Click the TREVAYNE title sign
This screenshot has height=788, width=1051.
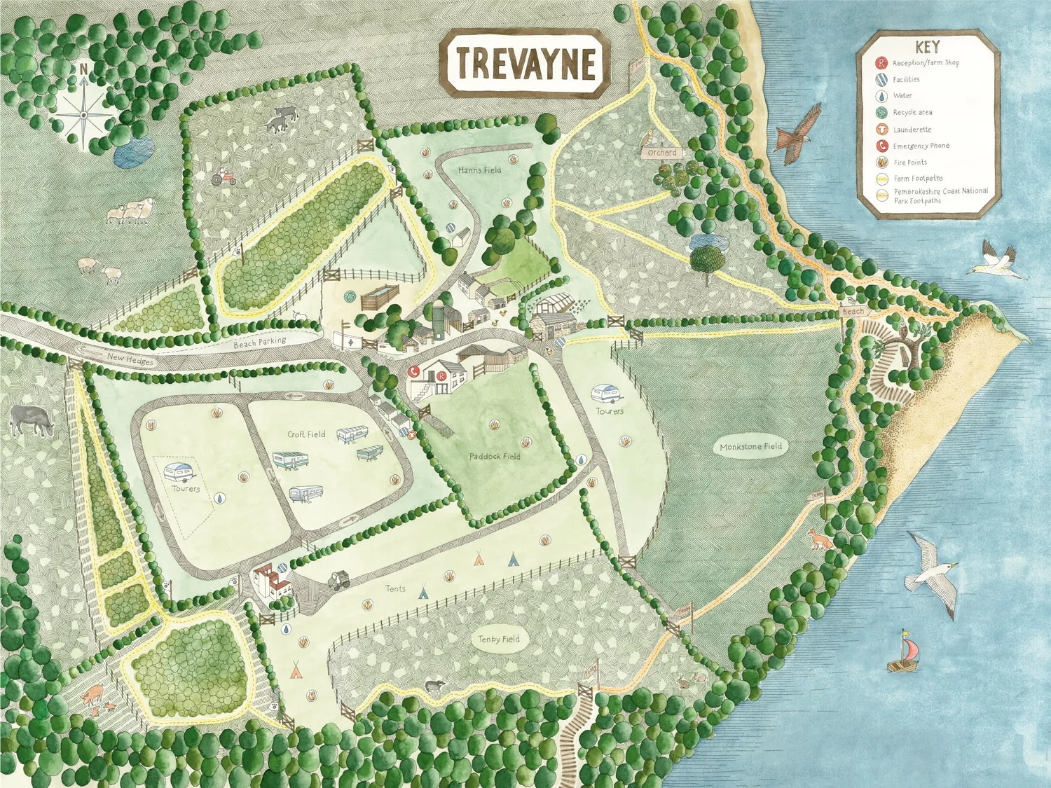pyautogui.click(x=525, y=63)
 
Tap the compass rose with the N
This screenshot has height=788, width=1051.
pyautogui.click(x=83, y=109)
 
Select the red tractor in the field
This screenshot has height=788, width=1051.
pyautogui.click(x=224, y=177)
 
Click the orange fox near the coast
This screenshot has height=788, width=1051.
pyautogui.click(x=818, y=539)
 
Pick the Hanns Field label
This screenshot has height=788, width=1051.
pyautogui.click(x=479, y=170)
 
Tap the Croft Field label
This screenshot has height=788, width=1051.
pyautogui.click(x=306, y=434)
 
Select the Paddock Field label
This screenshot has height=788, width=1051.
pyautogui.click(x=495, y=456)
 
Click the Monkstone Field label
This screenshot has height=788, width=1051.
pyautogui.click(x=750, y=446)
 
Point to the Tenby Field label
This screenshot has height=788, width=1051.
pyautogui.click(x=499, y=639)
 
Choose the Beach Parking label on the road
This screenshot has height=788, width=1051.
pyautogui.click(x=260, y=343)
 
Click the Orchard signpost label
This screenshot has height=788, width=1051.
pyautogui.click(x=662, y=153)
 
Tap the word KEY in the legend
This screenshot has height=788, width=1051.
pyautogui.click(x=927, y=47)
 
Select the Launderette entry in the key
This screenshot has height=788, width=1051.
pyautogui.click(x=912, y=130)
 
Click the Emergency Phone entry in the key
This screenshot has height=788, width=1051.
pyautogui.click(x=921, y=146)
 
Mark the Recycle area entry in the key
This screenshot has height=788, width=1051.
pyautogui.click(x=912, y=112)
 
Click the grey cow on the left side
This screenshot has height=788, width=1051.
pyautogui.click(x=32, y=420)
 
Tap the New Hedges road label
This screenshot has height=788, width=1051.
pyautogui.click(x=130, y=359)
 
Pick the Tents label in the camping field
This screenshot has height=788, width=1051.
pyautogui.click(x=395, y=588)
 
